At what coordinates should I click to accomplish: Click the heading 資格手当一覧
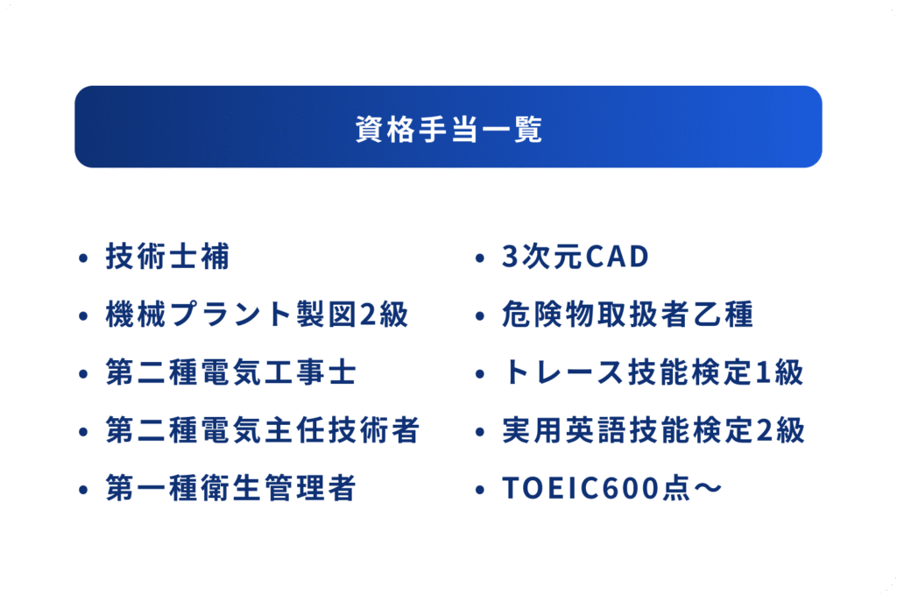(x=448, y=130)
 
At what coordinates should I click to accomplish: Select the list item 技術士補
(x=167, y=256)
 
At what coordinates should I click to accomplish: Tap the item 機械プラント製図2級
(x=257, y=314)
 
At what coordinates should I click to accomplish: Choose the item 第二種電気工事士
(x=231, y=372)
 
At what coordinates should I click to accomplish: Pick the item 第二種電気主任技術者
(x=263, y=430)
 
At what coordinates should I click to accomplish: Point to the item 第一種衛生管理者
(x=231, y=488)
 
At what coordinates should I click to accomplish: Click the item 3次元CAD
(x=576, y=256)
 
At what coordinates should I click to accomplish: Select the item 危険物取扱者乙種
(x=627, y=314)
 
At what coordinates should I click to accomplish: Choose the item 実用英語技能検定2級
(x=653, y=430)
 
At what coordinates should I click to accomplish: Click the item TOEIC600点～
(x=611, y=488)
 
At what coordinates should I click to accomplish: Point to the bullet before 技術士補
(x=83, y=258)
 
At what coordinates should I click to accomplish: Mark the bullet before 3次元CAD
(x=480, y=258)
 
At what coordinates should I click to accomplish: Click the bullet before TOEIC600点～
(x=480, y=490)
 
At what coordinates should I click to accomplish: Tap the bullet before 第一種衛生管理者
(x=83, y=490)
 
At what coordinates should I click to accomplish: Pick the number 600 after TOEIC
(x=632, y=488)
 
